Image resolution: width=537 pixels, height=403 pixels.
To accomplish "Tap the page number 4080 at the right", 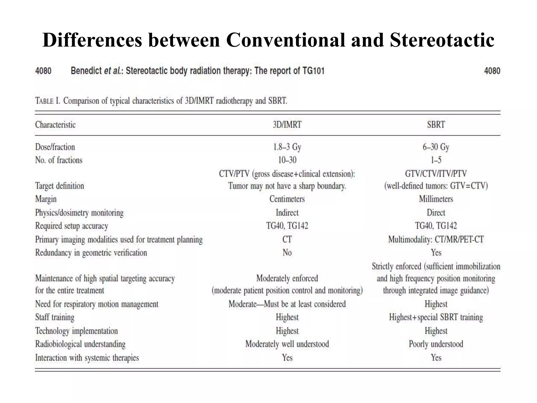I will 492,71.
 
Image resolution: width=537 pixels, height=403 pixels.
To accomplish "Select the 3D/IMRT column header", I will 287,125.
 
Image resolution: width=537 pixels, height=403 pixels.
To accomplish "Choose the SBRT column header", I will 436,125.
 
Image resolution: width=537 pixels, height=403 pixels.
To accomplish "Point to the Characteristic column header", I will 55,125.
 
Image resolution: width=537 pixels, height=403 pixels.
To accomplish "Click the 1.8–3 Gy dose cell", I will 287,147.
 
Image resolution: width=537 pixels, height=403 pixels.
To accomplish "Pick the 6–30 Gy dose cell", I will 436,147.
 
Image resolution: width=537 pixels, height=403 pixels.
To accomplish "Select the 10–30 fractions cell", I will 287,160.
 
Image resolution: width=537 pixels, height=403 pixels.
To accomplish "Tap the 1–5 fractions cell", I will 436,160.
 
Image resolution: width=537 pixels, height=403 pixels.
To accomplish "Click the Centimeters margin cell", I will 287,199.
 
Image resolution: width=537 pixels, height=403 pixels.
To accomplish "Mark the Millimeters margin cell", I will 436,199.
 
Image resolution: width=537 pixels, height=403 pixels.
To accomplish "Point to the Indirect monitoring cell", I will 287,213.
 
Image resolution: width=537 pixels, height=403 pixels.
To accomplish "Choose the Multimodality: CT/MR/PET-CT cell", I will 436,239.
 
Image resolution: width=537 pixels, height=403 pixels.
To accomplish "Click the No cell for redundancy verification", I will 287,253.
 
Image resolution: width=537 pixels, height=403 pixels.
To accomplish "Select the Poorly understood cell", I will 436,344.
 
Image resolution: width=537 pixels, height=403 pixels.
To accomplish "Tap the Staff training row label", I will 55,317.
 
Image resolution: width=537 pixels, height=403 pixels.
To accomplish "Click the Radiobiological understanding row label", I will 80,344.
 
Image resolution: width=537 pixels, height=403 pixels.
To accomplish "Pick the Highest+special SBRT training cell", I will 436,317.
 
